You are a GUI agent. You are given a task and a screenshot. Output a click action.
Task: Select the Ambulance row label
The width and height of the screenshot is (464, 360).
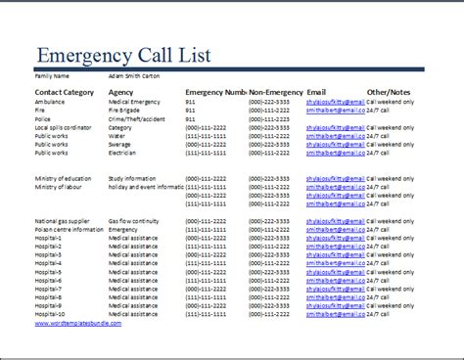[x=52, y=101]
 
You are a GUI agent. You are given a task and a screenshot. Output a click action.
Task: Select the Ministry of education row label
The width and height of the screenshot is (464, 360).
[x=66, y=178]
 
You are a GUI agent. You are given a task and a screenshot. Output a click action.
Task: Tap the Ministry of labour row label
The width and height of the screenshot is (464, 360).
[x=62, y=186]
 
